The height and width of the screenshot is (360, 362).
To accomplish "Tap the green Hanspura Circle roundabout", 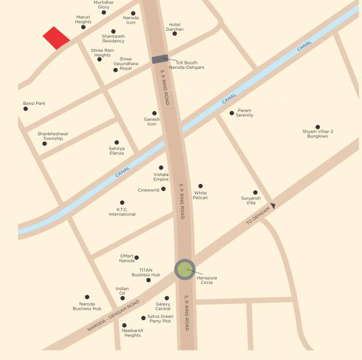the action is [185, 270].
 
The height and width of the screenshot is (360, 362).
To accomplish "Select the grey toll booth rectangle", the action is [160, 59].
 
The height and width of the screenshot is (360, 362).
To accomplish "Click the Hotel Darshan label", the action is [175, 27].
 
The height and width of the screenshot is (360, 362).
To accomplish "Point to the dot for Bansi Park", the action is [25, 109].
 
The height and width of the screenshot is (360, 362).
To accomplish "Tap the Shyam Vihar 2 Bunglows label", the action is [317, 134].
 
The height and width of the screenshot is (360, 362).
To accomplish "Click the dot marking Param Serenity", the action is [232, 113].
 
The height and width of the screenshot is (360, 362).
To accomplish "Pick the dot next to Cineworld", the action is [164, 189].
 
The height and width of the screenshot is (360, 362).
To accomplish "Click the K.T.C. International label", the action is [122, 212].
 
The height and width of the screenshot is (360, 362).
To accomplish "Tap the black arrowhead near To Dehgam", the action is [273, 206].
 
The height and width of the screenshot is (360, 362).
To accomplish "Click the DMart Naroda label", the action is [127, 258].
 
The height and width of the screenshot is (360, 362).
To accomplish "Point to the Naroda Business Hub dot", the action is [87, 297].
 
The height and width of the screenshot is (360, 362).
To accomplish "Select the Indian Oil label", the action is [122, 291].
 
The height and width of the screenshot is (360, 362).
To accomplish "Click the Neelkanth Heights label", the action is [132, 333].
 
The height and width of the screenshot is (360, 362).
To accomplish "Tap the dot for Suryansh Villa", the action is [255, 192].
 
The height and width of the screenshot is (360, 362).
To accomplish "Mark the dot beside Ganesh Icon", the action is [154, 113].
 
